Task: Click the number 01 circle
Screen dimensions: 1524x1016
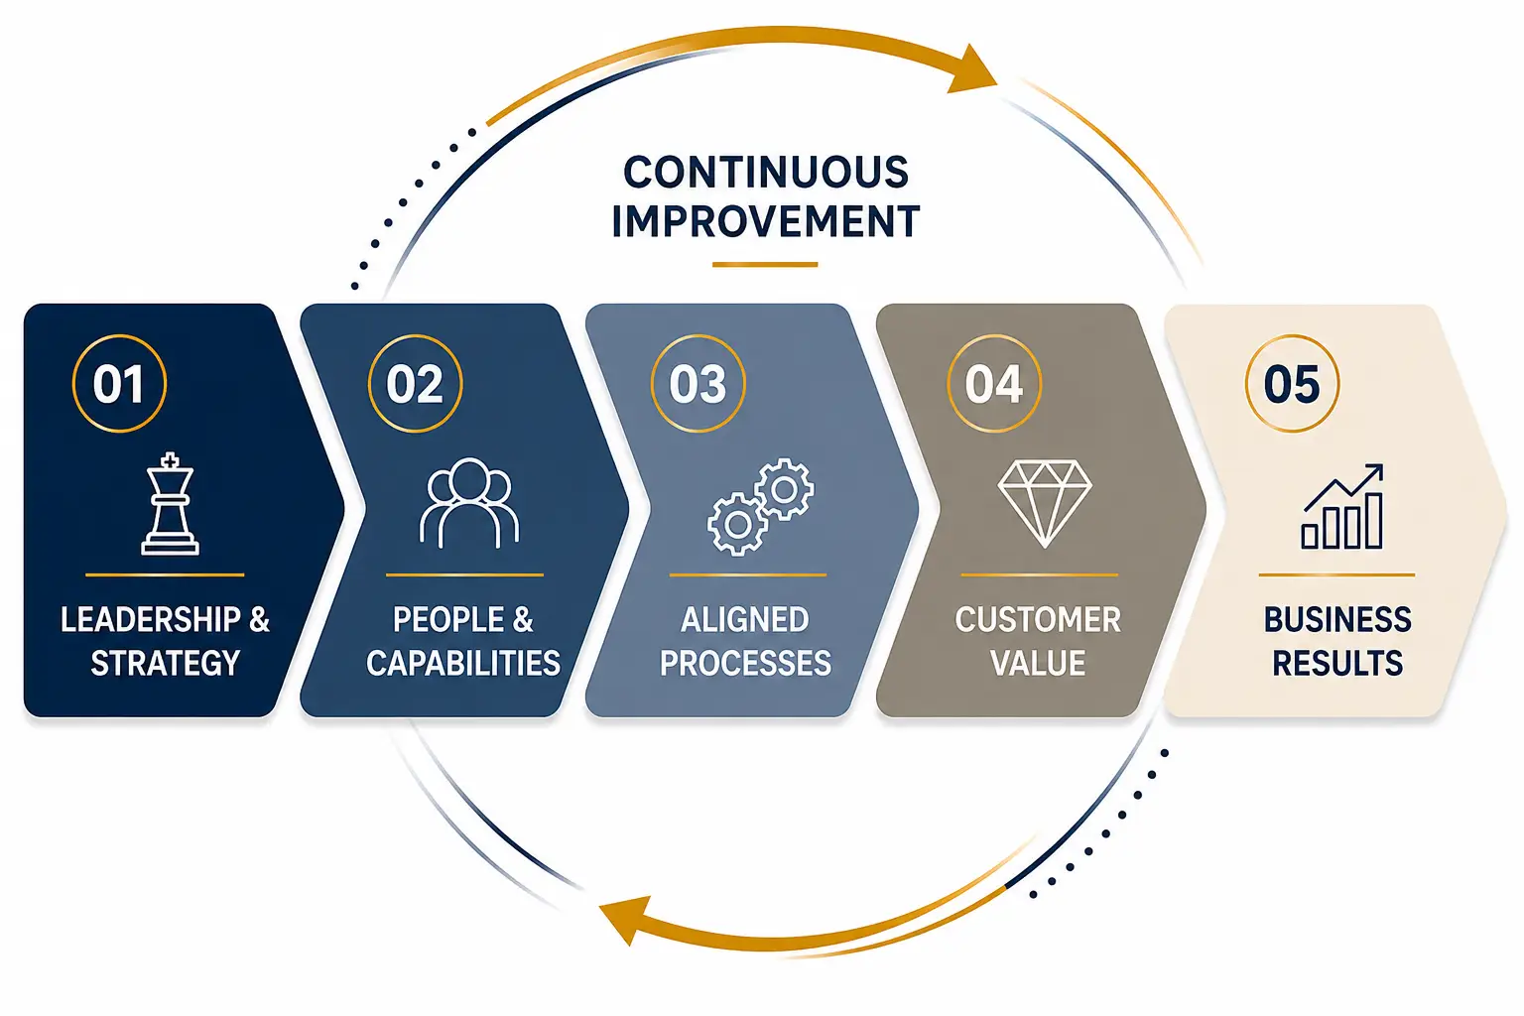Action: (x=119, y=334)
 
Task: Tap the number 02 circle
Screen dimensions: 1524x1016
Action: (x=415, y=334)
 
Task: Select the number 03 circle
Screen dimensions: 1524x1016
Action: (x=698, y=334)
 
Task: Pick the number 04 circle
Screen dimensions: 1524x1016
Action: (x=994, y=334)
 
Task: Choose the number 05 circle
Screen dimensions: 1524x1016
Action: (x=1292, y=334)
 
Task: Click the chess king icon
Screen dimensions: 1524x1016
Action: (x=170, y=504)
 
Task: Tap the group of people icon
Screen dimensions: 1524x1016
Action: (x=469, y=504)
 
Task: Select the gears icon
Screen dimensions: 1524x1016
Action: (x=761, y=507)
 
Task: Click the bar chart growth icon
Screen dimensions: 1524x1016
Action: (x=1342, y=506)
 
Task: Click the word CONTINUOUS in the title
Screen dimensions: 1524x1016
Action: (x=766, y=173)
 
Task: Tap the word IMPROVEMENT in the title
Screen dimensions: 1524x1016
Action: (x=766, y=221)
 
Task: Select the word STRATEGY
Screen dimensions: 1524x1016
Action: (x=166, y=663)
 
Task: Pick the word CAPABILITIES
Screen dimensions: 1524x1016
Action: (x=463, y=663)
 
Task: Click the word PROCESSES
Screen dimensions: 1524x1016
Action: (x=746, y=663)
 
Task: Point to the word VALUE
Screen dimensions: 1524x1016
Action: (x=1038, y=663)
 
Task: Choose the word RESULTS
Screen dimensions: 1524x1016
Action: (x=1337, y=663)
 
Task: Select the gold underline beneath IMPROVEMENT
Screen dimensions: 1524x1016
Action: (x=765, y=265)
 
